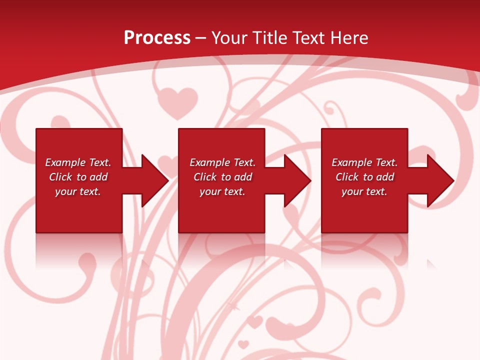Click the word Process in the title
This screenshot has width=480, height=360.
click(157, 38)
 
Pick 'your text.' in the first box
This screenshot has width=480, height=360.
click(78, 191)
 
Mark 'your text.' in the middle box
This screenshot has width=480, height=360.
click(222, 191)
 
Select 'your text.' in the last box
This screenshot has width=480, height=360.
click(364, 191)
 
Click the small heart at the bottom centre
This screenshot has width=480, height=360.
click(243, 344)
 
